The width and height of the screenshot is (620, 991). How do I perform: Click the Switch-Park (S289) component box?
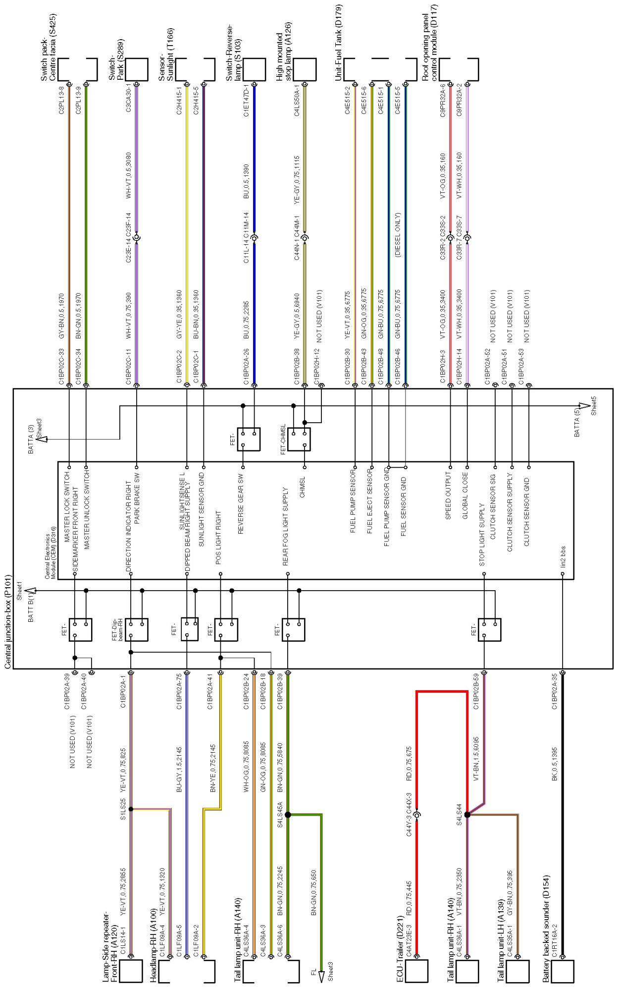coord(137,69)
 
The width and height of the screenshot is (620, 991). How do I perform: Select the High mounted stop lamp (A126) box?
coord(305,69)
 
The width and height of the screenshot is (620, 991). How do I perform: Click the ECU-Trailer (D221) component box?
coord(416,971)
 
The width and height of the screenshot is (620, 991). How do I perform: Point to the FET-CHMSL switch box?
coord(299,439)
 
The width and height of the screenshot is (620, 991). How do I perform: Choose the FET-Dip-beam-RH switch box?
coord(137,630)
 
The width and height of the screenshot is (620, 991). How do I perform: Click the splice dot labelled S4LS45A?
coord(288,815)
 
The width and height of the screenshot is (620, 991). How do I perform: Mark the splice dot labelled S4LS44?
coord(467,815)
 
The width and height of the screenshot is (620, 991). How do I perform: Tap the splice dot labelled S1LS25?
coord(131,809)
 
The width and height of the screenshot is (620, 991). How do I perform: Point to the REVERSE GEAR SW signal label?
coord(241,503)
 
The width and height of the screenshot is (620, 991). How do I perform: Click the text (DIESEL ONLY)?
coord(398,235)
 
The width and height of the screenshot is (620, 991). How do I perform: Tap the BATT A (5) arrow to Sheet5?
coord(584,406)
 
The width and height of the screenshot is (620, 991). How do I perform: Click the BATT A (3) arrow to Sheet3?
coord(42,439)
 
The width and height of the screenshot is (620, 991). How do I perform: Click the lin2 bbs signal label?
coord(563,556)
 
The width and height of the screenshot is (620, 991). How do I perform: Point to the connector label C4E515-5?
coord(398,101)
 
